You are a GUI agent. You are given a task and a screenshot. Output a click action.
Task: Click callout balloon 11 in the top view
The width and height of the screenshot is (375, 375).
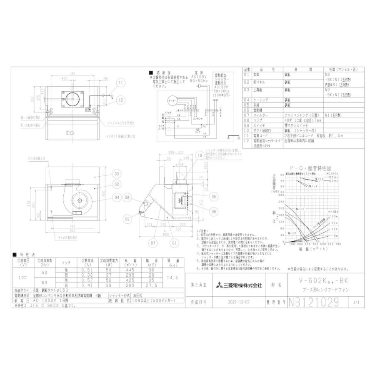[121, 83]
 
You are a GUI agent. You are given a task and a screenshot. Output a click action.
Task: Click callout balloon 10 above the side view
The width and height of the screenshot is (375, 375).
[199, 155]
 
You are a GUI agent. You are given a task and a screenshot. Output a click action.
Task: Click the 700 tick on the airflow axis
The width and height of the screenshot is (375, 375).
[338, 244]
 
